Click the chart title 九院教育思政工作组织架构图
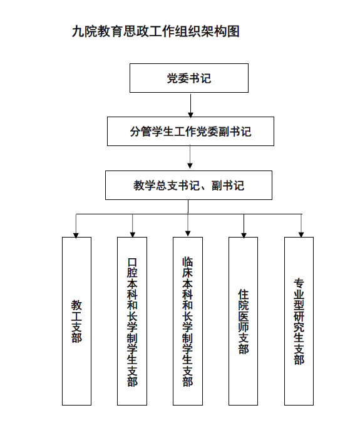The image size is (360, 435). pyautogui.click(x=155, y=31)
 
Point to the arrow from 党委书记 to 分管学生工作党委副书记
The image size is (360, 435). pyautogui.click(x=191, y=105)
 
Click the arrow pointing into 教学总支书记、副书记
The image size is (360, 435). pyautogui.click(x=190, y=157)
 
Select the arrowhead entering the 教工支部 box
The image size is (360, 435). pyautogui.click(x=76, y=235)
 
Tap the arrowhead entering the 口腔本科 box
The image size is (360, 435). pyautogui.click(x=133, y=234)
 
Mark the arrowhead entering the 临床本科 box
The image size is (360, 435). pyautogui.click(x=188, y=234)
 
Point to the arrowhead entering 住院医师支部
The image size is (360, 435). pyautogui.click(x=244, y=235)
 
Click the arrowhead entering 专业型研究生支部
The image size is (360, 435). pyautogui.click(x=301, y=234)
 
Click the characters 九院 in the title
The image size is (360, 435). pyautogui.click(x=84, y=31)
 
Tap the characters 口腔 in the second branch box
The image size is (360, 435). pyautogui.click(x=132, y=268)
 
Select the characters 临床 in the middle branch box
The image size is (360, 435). pyautogui.click(x=188, y=268)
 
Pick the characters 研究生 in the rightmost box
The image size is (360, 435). pyautogui.click(x=299, y=327)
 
